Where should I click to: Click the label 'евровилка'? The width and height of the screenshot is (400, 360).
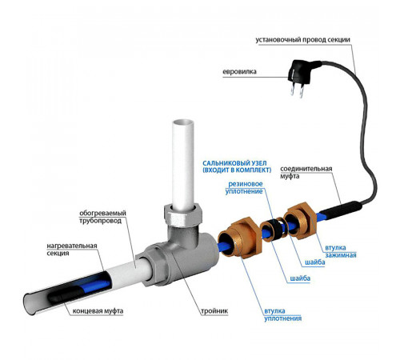click(239, 72)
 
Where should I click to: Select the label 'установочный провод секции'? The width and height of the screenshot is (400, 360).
click(302, 40)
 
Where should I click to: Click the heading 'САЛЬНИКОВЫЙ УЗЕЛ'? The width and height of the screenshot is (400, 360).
click(234, 163)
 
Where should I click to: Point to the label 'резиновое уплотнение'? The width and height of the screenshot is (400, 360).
click(244, 188)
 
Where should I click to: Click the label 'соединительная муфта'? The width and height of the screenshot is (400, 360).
click(306, 172)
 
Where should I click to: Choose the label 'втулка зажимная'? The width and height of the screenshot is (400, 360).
click(341, 251)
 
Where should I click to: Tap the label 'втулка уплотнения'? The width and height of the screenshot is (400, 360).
click(283, 314)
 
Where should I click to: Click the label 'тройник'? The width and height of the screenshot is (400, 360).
click(214, 311)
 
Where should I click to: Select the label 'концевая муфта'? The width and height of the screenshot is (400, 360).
click(98, 311)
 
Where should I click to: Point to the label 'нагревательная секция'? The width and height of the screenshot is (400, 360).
click(72, 250)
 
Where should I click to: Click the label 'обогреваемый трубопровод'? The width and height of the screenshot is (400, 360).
click(102, 217)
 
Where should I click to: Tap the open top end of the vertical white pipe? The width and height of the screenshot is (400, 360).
click(183, 124)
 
